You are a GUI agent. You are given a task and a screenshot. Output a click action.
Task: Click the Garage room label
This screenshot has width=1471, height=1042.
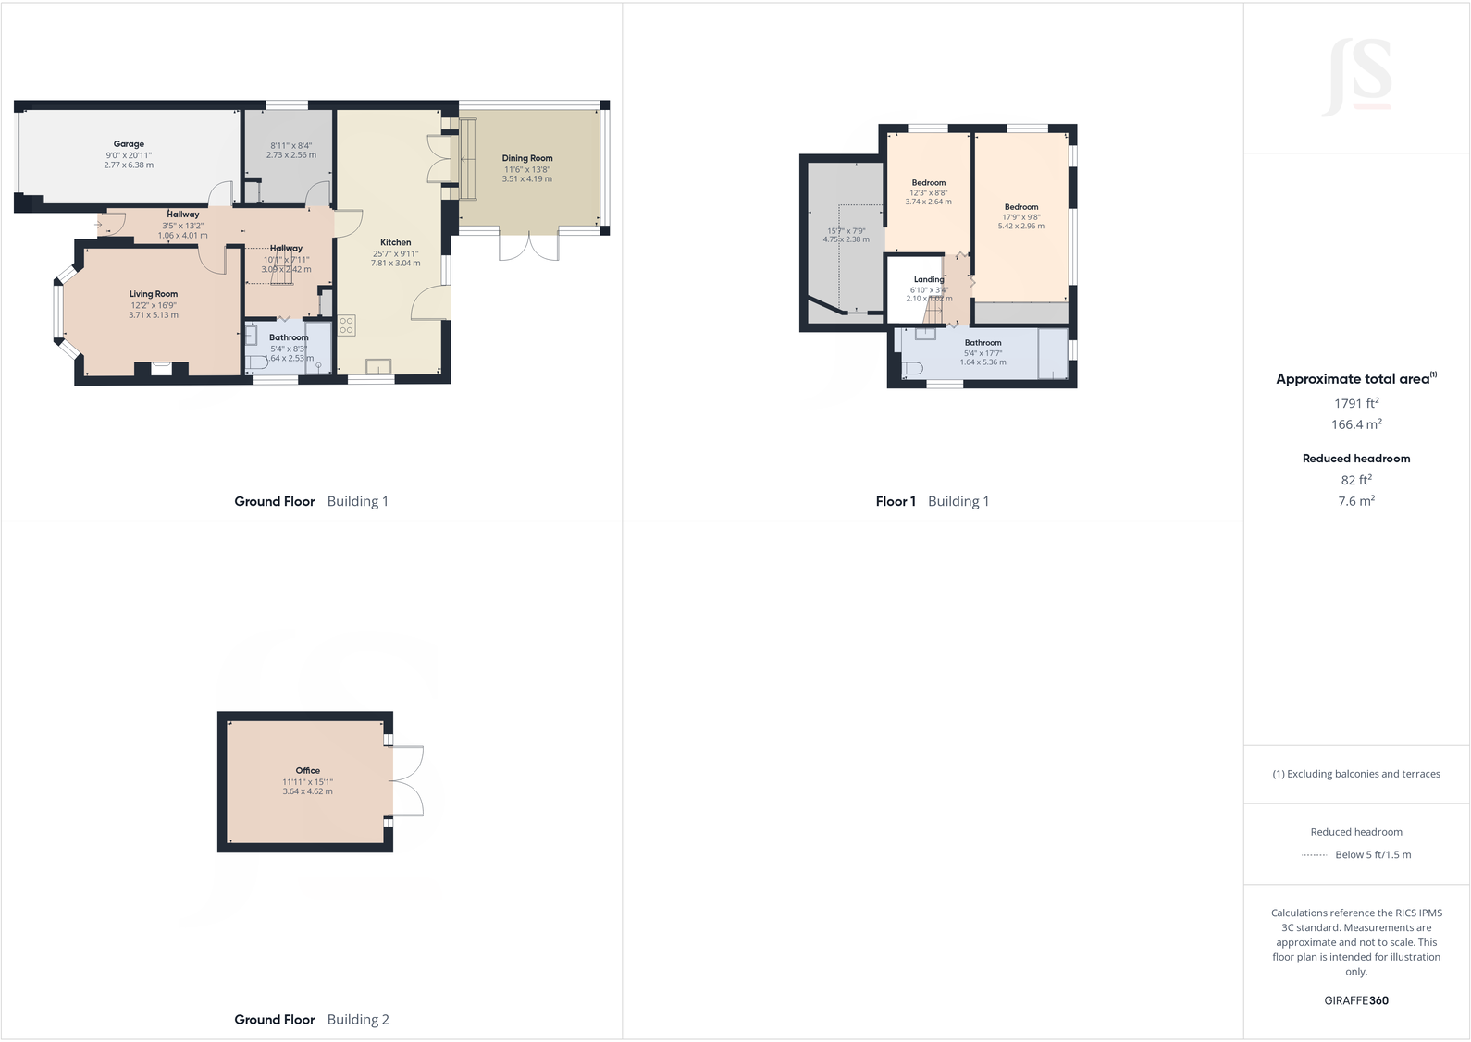[129, 144]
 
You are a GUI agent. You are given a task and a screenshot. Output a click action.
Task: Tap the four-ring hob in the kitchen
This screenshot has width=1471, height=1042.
[346, 325]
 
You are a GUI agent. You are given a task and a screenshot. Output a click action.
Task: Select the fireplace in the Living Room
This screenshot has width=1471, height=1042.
[162, 370]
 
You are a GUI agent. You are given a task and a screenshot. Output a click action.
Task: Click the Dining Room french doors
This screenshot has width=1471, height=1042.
[529, 245]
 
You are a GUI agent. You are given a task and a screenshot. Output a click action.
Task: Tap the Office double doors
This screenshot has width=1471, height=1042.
[408, 781]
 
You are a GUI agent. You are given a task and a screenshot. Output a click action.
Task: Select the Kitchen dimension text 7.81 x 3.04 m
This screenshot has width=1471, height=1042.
[396, 264]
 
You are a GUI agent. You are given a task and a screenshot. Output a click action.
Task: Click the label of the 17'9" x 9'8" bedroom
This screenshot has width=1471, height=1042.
[1021, 207]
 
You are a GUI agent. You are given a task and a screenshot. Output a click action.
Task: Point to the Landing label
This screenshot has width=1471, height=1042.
[929, 279]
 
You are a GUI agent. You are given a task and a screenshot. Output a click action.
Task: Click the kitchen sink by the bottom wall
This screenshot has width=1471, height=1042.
[378, 367]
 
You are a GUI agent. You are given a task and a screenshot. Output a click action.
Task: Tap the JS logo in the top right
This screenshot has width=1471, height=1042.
[1357, 76]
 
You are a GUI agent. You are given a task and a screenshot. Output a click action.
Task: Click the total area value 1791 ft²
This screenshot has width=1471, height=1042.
[1356, 403]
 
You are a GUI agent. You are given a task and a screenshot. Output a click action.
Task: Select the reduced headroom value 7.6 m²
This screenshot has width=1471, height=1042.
[1356, 501]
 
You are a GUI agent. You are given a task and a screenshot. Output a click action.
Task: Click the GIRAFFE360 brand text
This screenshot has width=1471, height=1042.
[1356, 1000]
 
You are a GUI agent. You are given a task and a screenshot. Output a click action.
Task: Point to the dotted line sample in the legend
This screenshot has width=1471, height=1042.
[1314, 855]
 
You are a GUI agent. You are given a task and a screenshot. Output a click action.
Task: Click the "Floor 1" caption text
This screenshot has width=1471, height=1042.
[896, 501]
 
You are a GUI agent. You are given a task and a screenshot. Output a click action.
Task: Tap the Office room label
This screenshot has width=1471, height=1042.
[308, 770]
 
